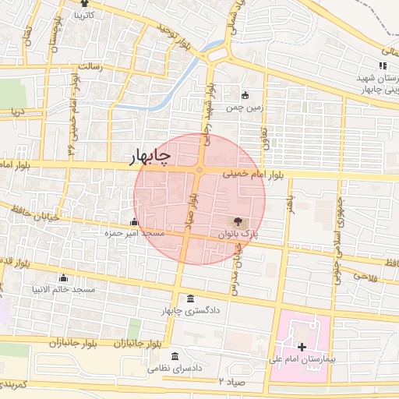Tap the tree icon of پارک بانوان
237,221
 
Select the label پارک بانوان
237,233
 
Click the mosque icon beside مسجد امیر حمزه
134,221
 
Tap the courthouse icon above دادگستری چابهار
192,299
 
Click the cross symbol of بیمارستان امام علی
302,347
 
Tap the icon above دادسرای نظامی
175,355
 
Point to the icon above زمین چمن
246,96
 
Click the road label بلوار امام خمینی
249,175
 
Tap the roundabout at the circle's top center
200,169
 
